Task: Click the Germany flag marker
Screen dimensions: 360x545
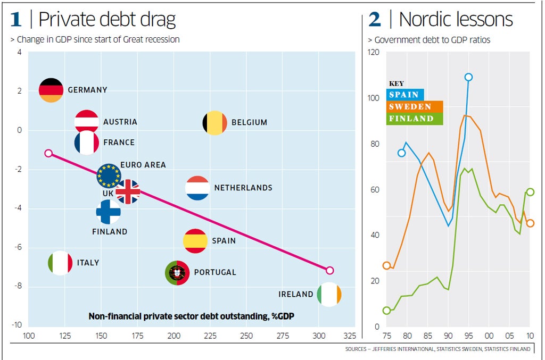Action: coord(52,90)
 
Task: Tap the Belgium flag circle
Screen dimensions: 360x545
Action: coord(215,123)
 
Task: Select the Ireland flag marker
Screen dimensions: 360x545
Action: coord(329,295)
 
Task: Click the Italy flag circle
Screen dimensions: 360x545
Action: coord(60,263)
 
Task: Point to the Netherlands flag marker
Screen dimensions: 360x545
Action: coord(197,188)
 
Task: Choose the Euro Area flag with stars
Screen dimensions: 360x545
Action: coord(109,175)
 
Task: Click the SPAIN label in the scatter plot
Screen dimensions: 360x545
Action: coord(224,241)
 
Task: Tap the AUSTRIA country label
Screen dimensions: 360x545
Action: coord(120,122)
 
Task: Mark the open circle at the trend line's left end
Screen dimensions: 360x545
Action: coord(48,153)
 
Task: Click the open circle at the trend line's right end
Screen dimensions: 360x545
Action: coord(329,270)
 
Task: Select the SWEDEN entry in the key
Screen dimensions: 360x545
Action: coord(410,107)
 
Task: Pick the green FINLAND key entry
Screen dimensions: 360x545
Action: coord(411,119)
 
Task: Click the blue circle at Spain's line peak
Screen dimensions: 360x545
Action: coord(468,77)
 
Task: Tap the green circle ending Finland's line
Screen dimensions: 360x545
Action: coord(530,192)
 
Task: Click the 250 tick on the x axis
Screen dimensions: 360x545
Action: coord(246,337)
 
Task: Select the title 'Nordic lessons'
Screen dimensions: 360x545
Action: coord(456,20)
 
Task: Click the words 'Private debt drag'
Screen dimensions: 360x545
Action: coord(106,20)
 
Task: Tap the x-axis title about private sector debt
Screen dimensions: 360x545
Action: coord(192,316)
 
